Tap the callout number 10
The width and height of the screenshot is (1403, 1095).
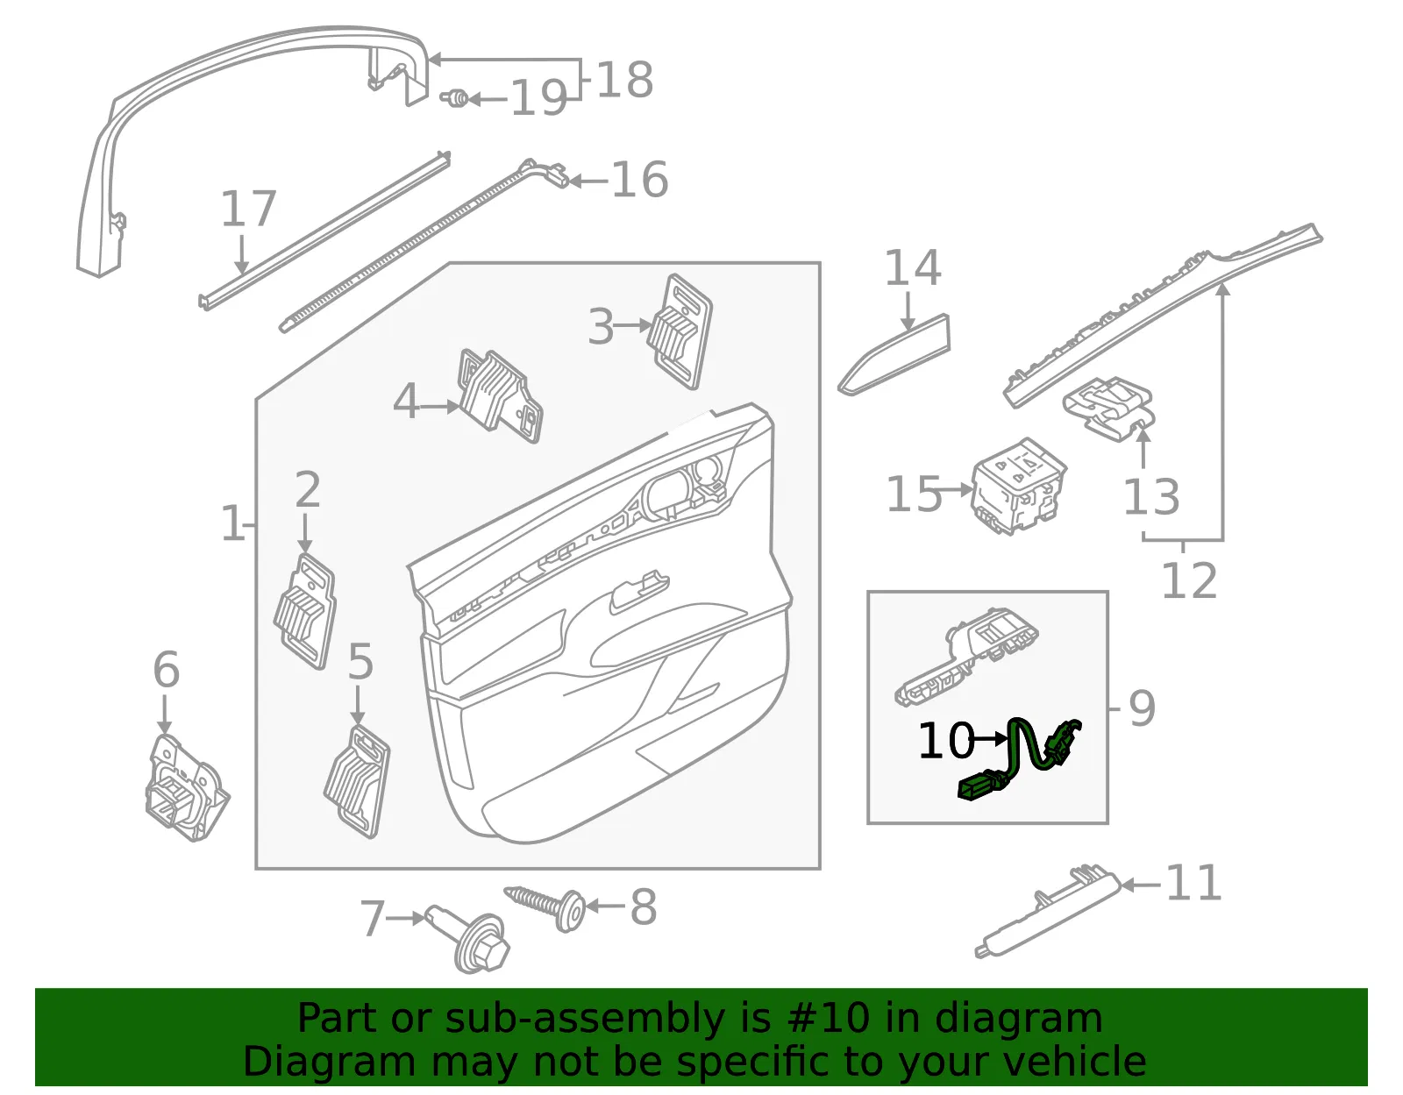pos(946,740)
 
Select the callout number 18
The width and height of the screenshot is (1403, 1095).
pos(624,80)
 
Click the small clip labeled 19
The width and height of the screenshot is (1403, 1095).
pos(455,98)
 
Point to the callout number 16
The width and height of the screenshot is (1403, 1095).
pos(639,180)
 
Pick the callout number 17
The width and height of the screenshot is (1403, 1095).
pos(248,208)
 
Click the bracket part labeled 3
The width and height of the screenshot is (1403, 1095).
pos(681,331)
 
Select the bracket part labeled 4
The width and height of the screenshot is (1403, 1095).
pos(501,396)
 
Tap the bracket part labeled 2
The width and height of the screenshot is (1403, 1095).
pos(305,610)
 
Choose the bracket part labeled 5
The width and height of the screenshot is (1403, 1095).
pos(357,781)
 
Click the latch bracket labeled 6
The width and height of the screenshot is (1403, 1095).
pos(186,788)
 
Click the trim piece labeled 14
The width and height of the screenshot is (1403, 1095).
pos(895,355)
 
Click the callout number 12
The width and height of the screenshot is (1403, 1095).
pos(1189,580)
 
